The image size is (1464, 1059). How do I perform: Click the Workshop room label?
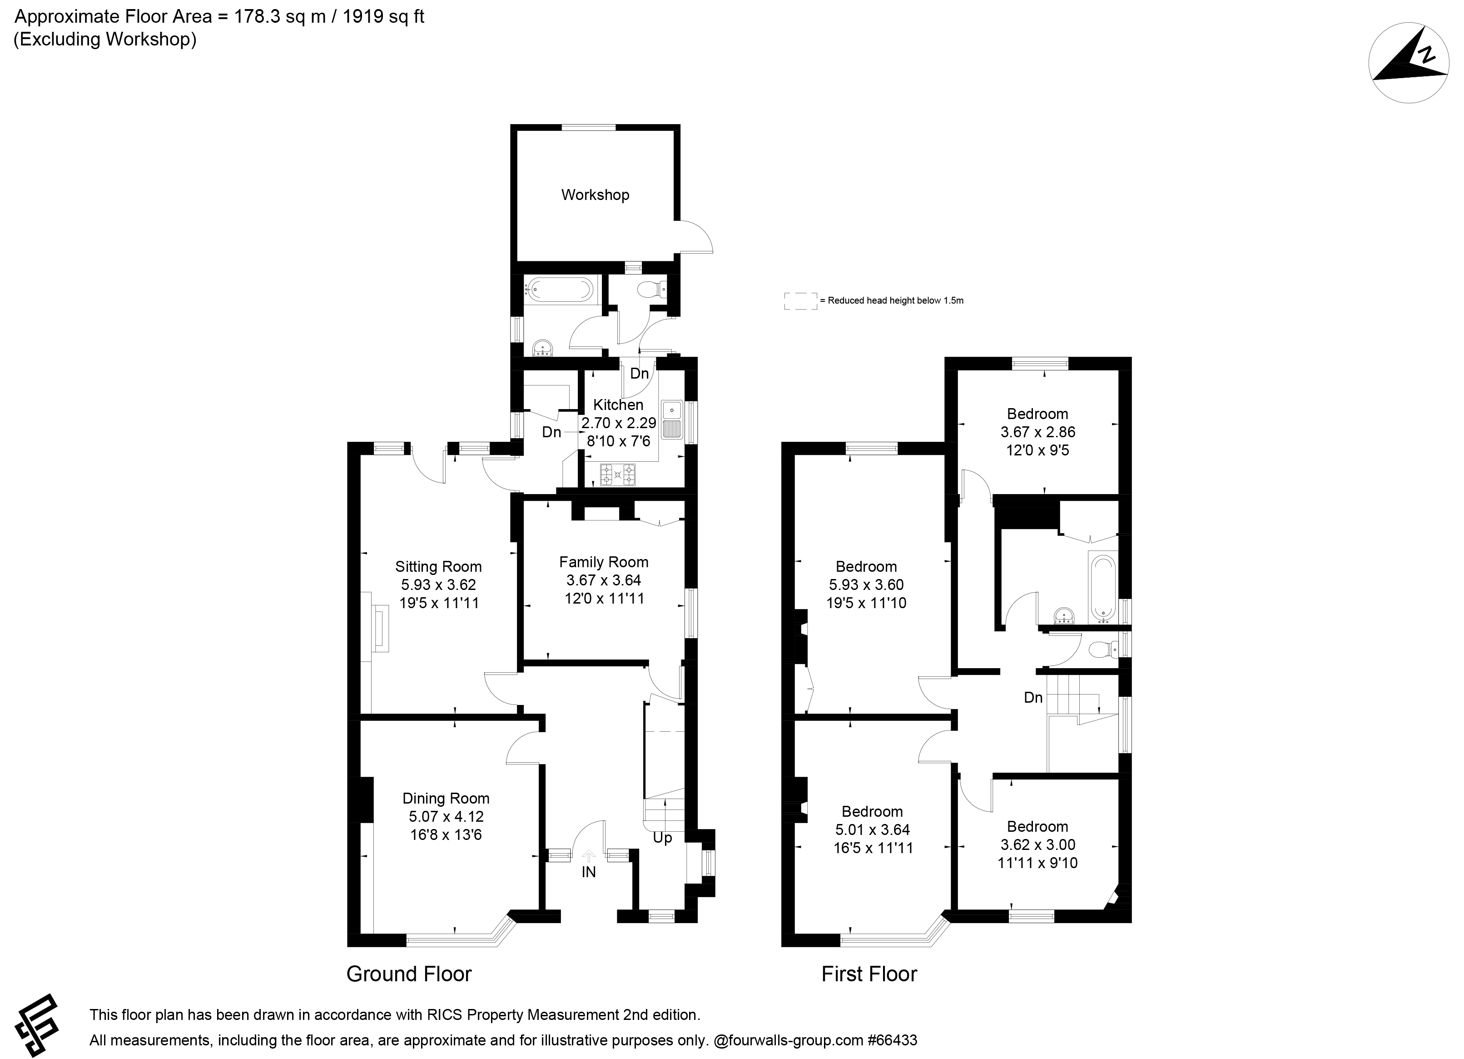(x=595, y=195)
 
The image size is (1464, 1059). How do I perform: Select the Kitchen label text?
(x=618, y=405)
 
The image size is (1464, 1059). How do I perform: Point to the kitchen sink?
(x=672, y=420)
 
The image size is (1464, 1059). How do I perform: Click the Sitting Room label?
(x=438, y=567)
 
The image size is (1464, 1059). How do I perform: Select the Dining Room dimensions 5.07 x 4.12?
(x=446, y=816)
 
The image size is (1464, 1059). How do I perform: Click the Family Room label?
(x=604, y=562)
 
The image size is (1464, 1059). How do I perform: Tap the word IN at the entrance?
(x=589, y=872)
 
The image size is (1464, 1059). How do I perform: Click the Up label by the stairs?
(x=662, y=838)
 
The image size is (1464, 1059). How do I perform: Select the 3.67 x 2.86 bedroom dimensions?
(x=1038, y=432)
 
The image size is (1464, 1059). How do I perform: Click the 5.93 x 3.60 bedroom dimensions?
(x=866, y=585)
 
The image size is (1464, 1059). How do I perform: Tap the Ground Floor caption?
(x=409, y=974)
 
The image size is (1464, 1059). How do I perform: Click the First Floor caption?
(x=869, y=974)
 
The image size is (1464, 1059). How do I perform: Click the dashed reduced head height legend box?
(x=800, y=301)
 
